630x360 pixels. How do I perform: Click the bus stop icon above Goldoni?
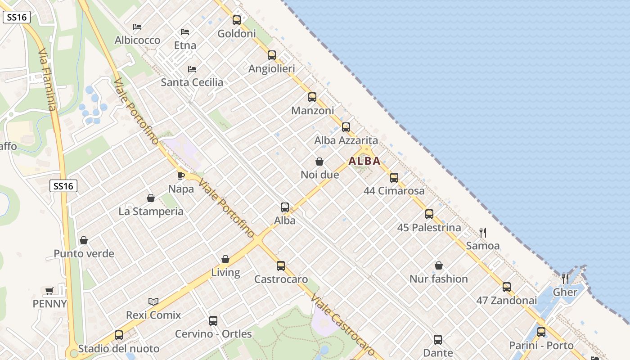coord(237,20)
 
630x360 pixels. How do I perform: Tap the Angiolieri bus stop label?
coord(272,69)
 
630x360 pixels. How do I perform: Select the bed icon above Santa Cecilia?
coord(192,69)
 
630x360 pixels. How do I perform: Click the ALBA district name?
coord(364,161)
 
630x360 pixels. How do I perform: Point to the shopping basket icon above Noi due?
coord(319,161)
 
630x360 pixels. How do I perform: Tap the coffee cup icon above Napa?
coord(181,175)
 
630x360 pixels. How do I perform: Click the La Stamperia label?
coord(151,211)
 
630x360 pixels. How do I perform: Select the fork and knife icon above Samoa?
coord(483,233)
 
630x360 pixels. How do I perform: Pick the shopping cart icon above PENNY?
coord(49,291)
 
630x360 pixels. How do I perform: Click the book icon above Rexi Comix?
coord(153,301)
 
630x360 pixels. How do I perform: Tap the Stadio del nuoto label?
coord(119,349)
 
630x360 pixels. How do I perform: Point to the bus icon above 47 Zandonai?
coord(507,287)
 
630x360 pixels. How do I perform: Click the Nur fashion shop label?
coord(439,279)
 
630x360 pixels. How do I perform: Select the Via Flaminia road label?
coord(47,80)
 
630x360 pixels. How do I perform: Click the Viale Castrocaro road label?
coord(342,325)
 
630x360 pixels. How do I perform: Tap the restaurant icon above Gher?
coord(565,279)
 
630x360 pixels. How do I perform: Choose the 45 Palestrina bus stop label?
coord(429,228)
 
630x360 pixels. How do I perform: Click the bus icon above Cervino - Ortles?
coord(213,321)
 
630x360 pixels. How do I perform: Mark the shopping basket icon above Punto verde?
coord(84,241)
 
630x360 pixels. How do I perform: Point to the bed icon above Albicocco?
coord(138,27)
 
